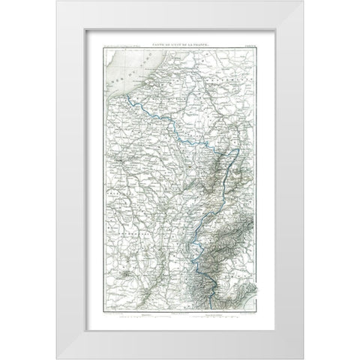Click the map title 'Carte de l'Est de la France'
(180, 45)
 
